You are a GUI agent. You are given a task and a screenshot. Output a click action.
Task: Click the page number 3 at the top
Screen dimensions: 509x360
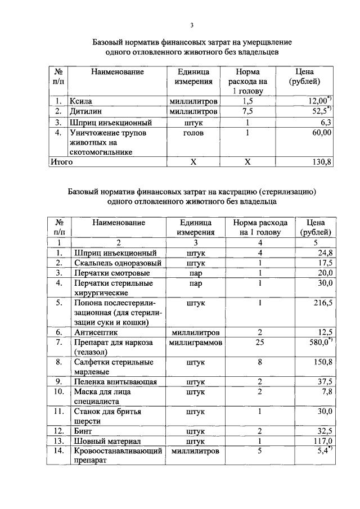coord(191,25)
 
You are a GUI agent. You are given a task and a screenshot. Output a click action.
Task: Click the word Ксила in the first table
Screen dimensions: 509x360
coord(80,101)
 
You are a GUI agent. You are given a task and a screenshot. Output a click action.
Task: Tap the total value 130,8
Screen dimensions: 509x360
coord(322,161)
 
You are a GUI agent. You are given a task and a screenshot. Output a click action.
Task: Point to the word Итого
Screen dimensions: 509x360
coord(62,161)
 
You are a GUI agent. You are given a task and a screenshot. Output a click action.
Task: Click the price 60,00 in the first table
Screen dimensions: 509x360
coord(322,132)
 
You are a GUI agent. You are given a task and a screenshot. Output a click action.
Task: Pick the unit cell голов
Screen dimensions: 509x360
coord(193,132)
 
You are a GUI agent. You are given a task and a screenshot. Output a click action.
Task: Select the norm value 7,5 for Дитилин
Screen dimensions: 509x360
coord(247,111)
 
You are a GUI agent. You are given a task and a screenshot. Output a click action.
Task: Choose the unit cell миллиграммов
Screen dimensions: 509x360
coord(196,342)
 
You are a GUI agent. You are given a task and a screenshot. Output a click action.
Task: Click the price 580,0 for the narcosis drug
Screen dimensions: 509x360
coord(321,342)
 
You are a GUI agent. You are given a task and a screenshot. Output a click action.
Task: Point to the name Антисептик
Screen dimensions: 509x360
coord(96,332)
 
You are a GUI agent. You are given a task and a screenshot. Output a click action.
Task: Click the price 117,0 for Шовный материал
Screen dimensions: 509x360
coord(323,441)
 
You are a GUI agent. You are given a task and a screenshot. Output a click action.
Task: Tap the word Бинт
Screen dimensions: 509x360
coord(83,431)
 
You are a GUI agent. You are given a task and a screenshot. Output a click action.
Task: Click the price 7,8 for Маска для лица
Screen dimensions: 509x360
coord(326,391)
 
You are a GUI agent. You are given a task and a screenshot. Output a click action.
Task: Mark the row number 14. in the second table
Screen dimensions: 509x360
coord(58,451)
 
